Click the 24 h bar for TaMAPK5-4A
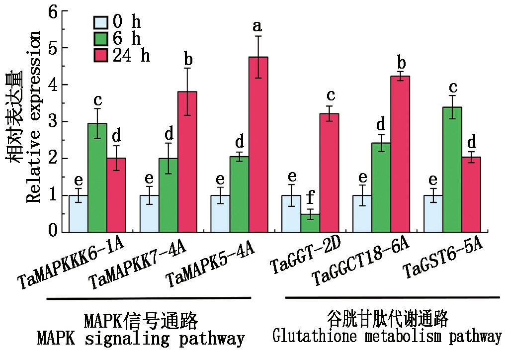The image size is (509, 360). click(x=258, y=144)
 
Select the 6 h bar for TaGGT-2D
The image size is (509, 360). click(x=310, y=223)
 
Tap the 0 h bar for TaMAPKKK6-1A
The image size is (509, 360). click(x=79, y=213)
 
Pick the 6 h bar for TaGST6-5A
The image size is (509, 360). click(x=452, y=169)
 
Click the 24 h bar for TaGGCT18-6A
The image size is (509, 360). click(x=400, y=154)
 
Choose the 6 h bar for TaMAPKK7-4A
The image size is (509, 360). click(x=169, y=195)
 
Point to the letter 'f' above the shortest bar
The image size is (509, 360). click(x=310, y=198)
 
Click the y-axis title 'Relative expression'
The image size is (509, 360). click(x=33, y=117)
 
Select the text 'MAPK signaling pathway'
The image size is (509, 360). click(x=141, y=339)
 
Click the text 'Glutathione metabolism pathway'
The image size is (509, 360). click(x=387, y=337)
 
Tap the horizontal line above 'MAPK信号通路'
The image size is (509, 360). click(x=149, y=299)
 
